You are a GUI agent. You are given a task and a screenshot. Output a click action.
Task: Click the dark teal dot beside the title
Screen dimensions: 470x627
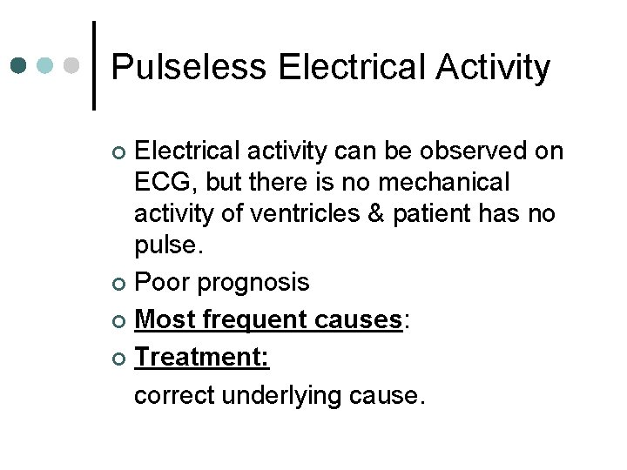(x=18, y=65)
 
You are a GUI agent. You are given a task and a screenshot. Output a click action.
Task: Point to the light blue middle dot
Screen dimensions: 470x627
(x=46, y=65)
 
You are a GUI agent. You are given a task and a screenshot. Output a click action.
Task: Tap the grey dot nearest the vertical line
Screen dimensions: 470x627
(x=73, y=65)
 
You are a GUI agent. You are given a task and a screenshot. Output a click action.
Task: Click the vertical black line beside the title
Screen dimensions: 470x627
(x=94, y=65)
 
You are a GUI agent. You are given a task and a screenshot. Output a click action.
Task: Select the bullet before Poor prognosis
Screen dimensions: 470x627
(x=121, y=284)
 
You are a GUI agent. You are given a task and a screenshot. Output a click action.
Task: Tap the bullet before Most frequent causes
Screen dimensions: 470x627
(x=121, y=321)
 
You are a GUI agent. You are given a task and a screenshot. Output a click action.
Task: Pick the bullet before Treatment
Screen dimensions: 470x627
(x=121, y=359)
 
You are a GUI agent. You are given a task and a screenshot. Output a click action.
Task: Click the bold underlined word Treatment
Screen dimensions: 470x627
(x=202, y=358)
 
